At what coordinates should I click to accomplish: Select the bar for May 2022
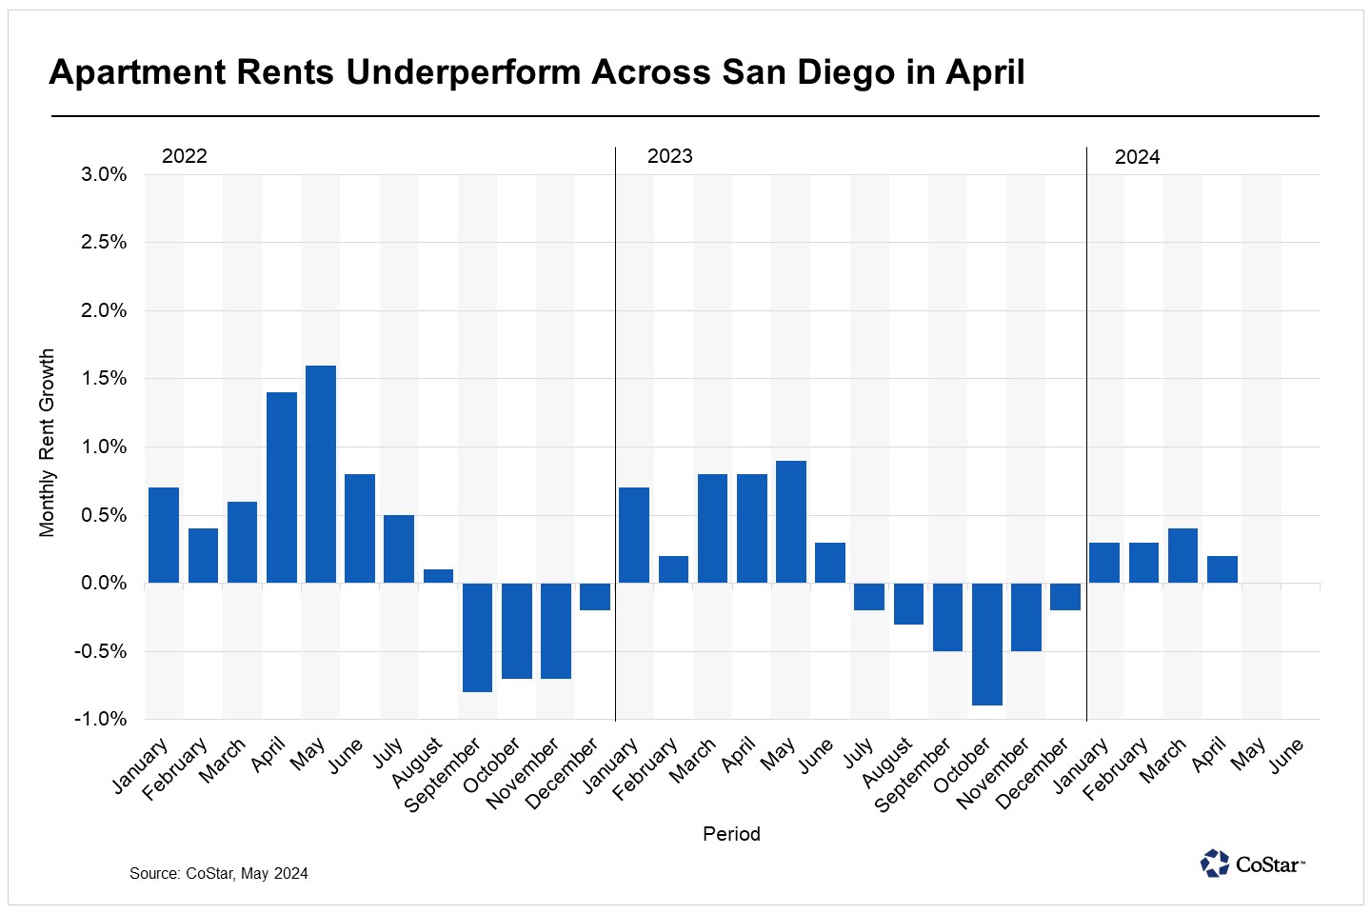[x=321, y=474]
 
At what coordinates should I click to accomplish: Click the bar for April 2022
[x=282, y=487]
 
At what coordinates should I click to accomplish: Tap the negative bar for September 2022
[x=477, y=637]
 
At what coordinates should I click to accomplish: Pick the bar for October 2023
[x=986, y=644]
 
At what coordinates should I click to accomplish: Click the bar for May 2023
[x=791, y=522]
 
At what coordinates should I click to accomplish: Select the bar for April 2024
[x=1222, y=569]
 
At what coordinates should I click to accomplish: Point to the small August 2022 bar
[x=438, y=576]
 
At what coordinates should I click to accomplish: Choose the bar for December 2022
[x=595, y=596]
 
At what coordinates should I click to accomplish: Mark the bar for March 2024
[x=1182, y=556]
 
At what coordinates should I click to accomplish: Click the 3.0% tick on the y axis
[x=104, y=174]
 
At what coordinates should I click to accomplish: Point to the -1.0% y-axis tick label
[x=101, y=719]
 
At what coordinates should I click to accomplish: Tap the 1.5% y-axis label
[x=104, y=378]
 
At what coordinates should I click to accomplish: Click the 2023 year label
[x=670, y=156]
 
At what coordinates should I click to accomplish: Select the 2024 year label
[x=1138, y=157]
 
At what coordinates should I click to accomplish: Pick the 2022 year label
[x=185, y=156]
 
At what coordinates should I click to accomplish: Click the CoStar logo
[x=1253, y=864]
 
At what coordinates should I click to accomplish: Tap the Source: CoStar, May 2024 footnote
[x=219, y=873]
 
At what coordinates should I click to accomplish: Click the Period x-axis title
[x=731, y=834]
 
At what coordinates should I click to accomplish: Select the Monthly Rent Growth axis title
[x=48, y=444]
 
